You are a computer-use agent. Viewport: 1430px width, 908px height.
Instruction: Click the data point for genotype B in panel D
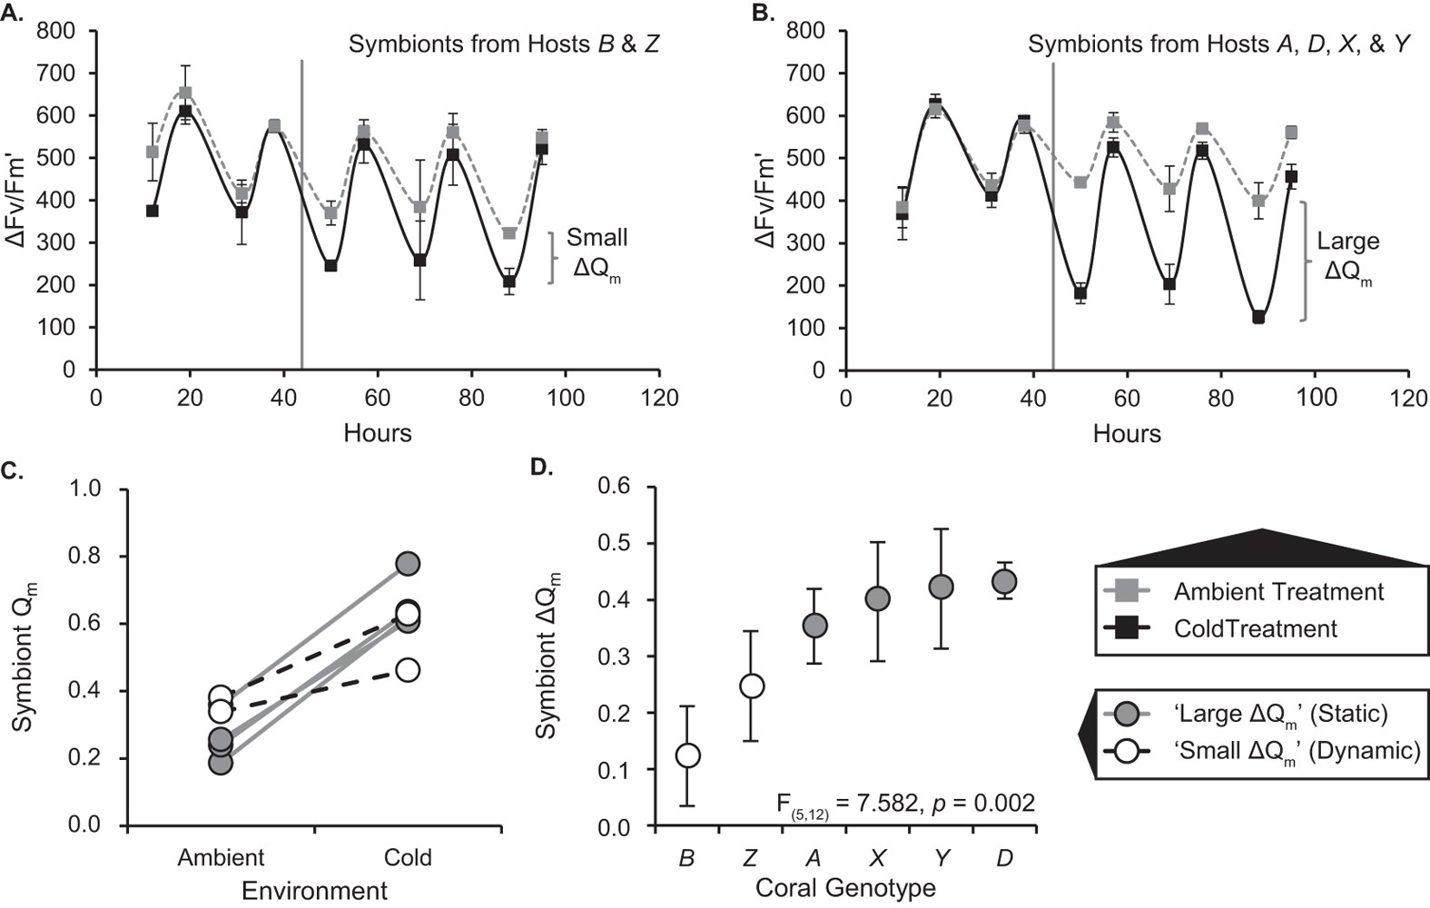(687, 755)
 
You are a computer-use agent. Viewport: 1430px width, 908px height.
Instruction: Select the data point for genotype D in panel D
(1003, 581)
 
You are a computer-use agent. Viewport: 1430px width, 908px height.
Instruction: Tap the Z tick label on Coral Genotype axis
(750, 858)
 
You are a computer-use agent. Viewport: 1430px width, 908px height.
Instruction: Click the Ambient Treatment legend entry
(1277, 592)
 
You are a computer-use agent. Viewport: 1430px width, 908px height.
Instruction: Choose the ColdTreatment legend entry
(1255, 628)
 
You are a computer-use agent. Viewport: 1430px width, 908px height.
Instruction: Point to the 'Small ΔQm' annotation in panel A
(597, 255)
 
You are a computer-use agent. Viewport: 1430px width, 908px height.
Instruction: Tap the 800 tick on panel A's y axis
(56, 31)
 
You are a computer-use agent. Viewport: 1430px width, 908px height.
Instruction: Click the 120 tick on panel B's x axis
(1408, 398)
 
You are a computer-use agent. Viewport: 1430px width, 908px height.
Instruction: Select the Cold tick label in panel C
(408, 858)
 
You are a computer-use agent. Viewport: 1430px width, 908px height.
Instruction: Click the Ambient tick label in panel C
(221, 858)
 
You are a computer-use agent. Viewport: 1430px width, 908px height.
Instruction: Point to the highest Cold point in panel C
(408, 564)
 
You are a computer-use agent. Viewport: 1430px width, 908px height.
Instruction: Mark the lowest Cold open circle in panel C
(408, 670)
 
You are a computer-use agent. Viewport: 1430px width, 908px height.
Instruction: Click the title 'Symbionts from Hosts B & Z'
(504, 44)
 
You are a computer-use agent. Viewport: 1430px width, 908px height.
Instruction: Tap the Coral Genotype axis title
(844, 887)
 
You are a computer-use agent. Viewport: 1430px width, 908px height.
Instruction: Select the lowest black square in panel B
(1258, 317)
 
